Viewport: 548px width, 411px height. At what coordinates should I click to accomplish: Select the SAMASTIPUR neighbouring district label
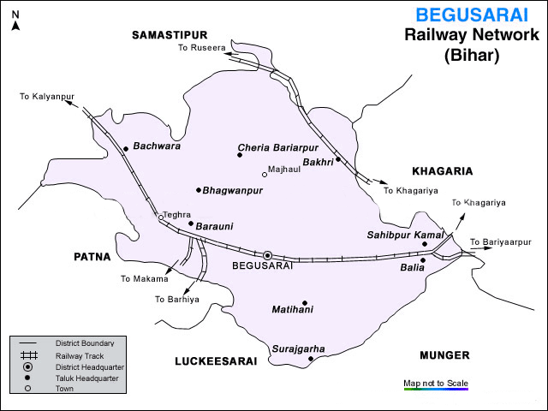click(170, 34)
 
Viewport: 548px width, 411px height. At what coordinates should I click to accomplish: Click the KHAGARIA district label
click(442, 171)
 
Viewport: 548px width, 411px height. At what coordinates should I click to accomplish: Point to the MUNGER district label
click(446, 354)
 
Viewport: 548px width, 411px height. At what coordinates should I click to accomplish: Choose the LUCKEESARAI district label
click(216, 362)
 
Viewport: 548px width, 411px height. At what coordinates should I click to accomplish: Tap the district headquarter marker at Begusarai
click(267, 255)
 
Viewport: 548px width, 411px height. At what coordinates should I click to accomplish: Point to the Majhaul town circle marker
click(265, 174)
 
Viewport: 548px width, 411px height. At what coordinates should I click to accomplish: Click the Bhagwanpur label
click(233, 190)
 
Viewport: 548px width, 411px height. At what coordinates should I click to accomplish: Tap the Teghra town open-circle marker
click(160, 218)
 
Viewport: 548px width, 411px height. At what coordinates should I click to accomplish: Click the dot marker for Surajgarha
click(311, 360)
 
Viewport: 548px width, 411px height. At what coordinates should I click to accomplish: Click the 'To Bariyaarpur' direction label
click(500, 242)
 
